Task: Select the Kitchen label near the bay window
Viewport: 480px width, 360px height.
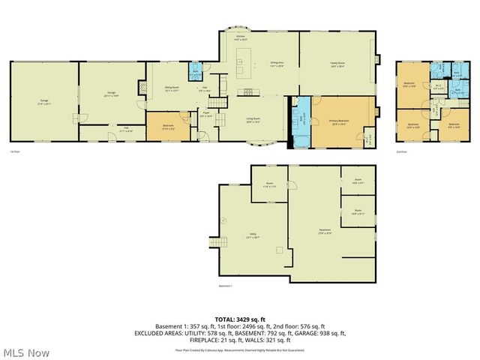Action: (x=240, y=37)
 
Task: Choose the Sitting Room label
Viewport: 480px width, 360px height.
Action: (x=172, y=88)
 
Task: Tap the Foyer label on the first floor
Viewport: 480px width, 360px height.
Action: (x=206, y=115)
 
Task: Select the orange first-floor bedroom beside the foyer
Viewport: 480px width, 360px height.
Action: (x=169, y=127)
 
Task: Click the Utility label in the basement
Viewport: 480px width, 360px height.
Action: (x=253, y=236)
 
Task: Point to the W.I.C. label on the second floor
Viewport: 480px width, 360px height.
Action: (x=439, y=85)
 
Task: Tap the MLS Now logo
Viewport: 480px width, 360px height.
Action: (x=25, y=352)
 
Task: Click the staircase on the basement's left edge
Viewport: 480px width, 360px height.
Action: (x=217, y=242)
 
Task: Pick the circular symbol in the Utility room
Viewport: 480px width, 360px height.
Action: (x=223, y=220)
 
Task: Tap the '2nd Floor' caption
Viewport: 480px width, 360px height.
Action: (x=401, y=151)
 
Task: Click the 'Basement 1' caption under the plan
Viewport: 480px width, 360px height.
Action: (x=226, y=286)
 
